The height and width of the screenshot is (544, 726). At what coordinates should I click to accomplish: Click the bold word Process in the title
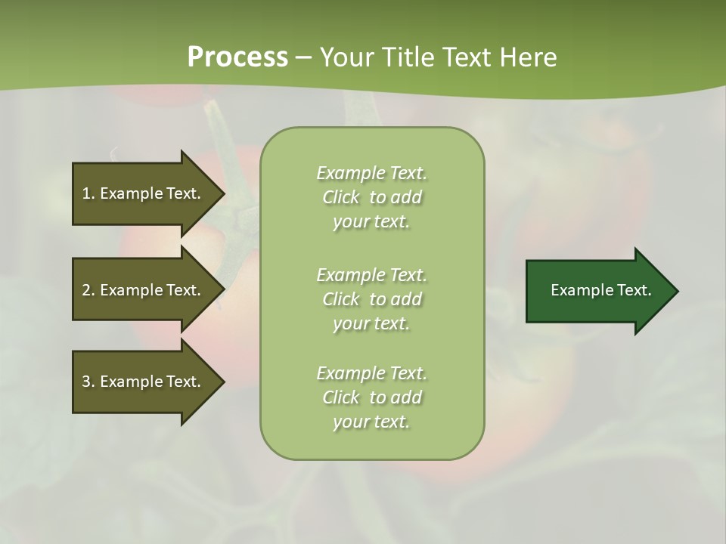(x=237, y=57)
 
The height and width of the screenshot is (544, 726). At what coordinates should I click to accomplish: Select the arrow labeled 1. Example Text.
(x=144, y=193)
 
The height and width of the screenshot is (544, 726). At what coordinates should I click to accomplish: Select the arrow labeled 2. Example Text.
(x=144, y=290)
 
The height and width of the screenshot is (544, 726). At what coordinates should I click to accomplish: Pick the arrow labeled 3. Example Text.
(x=144, y=382)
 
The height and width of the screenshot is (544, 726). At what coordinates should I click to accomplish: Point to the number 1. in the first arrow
(x=88, y=193)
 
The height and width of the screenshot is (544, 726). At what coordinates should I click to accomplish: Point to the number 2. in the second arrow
(x=88, y=290)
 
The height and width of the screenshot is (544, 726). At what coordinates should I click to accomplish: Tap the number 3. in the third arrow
(x=88, y=382)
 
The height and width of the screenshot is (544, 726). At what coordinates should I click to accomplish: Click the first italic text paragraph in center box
(x=371, y=197)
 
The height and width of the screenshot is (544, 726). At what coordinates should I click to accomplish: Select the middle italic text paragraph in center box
(x=371, y=299)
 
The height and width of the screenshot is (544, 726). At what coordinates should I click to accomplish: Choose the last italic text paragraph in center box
(x=371, y=397)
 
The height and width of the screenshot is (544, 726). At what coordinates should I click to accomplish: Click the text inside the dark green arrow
(x=600, y=290)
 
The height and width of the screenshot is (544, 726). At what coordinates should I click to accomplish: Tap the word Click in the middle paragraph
(x=341, y=299)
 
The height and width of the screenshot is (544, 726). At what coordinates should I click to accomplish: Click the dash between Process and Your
(x=303, y=57)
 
